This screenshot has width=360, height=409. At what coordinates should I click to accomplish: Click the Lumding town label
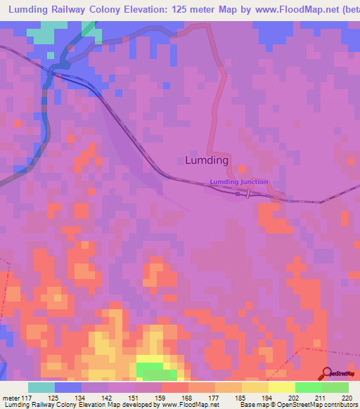[207, 160]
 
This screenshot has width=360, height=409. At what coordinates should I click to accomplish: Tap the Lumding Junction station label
[238, 182]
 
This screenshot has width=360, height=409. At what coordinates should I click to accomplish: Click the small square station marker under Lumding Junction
[238, 194]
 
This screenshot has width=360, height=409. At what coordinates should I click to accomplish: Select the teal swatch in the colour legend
[41, 387]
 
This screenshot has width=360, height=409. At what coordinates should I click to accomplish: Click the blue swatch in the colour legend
[68, 387]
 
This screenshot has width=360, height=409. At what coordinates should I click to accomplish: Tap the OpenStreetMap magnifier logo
[326, 374]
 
